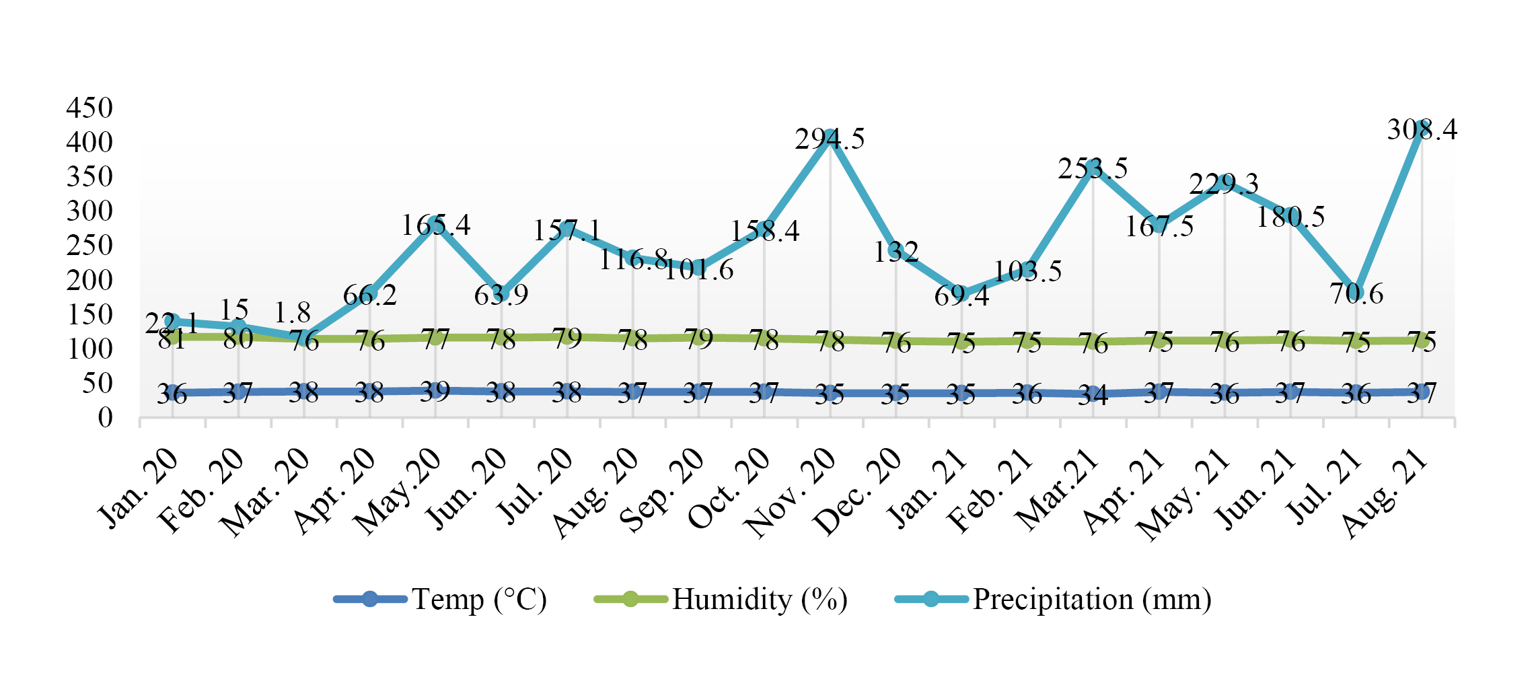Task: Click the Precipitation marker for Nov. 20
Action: pyautogui.click(x=830, y=137)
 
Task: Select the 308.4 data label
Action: pyautogui.click(x=1422, y=129)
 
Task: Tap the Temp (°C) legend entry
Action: pyautogui.click(x=441, y=599)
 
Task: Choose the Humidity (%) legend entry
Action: pyautogui.click(x=721, y=599)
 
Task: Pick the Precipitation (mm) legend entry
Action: pyautogui.click(x=1053, y=599)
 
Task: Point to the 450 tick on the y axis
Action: pyautogui.click(x=89, y=108)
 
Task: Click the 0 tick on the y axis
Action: pyautogui.click(x=105, y=418)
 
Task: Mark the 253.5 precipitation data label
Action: pyautogui.click(x=1093, y=168)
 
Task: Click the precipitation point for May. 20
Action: pyautogui.click(x=435, y=221)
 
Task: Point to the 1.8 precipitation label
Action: pyautogui.click(x=292, y=313)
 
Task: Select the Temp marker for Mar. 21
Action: pyautogui.click(x=1093, y=395)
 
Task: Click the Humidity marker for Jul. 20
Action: pyautogui.click(x=567, y=336)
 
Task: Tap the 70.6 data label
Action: pyautogui.click(x=1356, y=294)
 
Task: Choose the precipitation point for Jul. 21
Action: pyautogui.click(x=1356, y=291)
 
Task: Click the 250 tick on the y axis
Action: pyautogui.click(x=89, y=246)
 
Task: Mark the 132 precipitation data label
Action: pyautogui.click(x=895, y=252)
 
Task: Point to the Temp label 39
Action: pyautogui.click(x=435, y=391)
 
